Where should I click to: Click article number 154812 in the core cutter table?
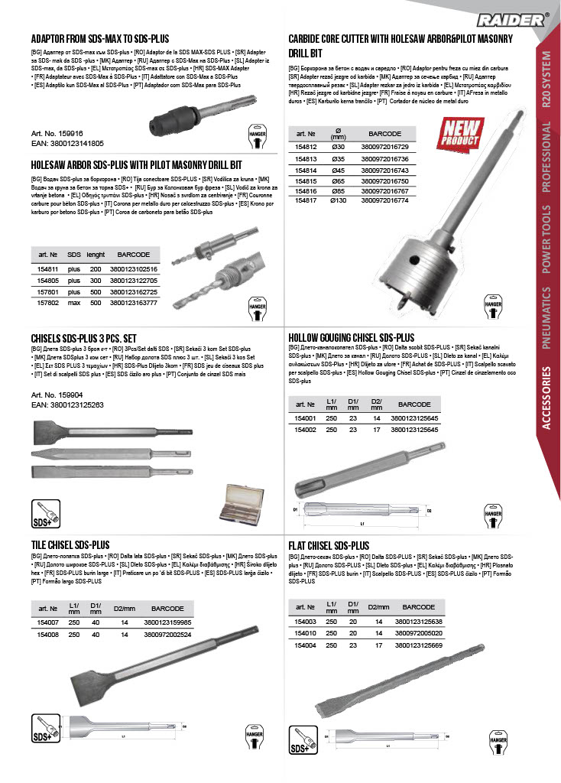coord(306,146)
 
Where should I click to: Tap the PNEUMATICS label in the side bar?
coord(546,318)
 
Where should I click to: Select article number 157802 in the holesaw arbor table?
coord(48,302)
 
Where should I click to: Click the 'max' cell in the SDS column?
coord(74,302)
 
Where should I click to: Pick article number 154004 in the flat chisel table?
coord(306,645)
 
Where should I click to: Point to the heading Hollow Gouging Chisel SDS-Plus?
coord(352,336)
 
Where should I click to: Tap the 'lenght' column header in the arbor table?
coord(96,254)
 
